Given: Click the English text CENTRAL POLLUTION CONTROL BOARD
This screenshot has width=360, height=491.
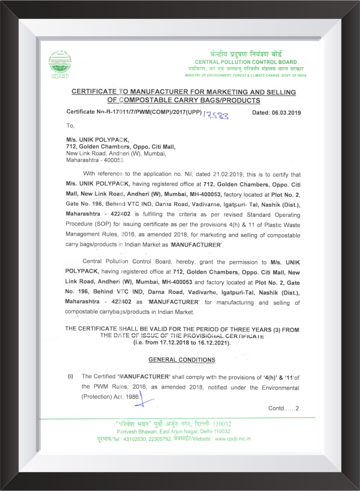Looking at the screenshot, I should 246,62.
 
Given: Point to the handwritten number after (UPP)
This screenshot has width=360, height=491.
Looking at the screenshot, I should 216,114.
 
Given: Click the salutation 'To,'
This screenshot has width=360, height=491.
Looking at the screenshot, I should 71,125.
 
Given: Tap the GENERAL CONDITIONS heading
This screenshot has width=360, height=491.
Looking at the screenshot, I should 182,360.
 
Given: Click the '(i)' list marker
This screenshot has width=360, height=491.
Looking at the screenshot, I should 71,376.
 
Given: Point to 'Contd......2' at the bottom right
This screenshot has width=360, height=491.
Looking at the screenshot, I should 284,408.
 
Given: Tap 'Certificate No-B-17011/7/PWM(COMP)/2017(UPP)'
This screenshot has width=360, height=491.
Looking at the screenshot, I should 133,113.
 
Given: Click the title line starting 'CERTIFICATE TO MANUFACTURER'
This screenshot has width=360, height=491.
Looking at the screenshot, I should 183,92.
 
